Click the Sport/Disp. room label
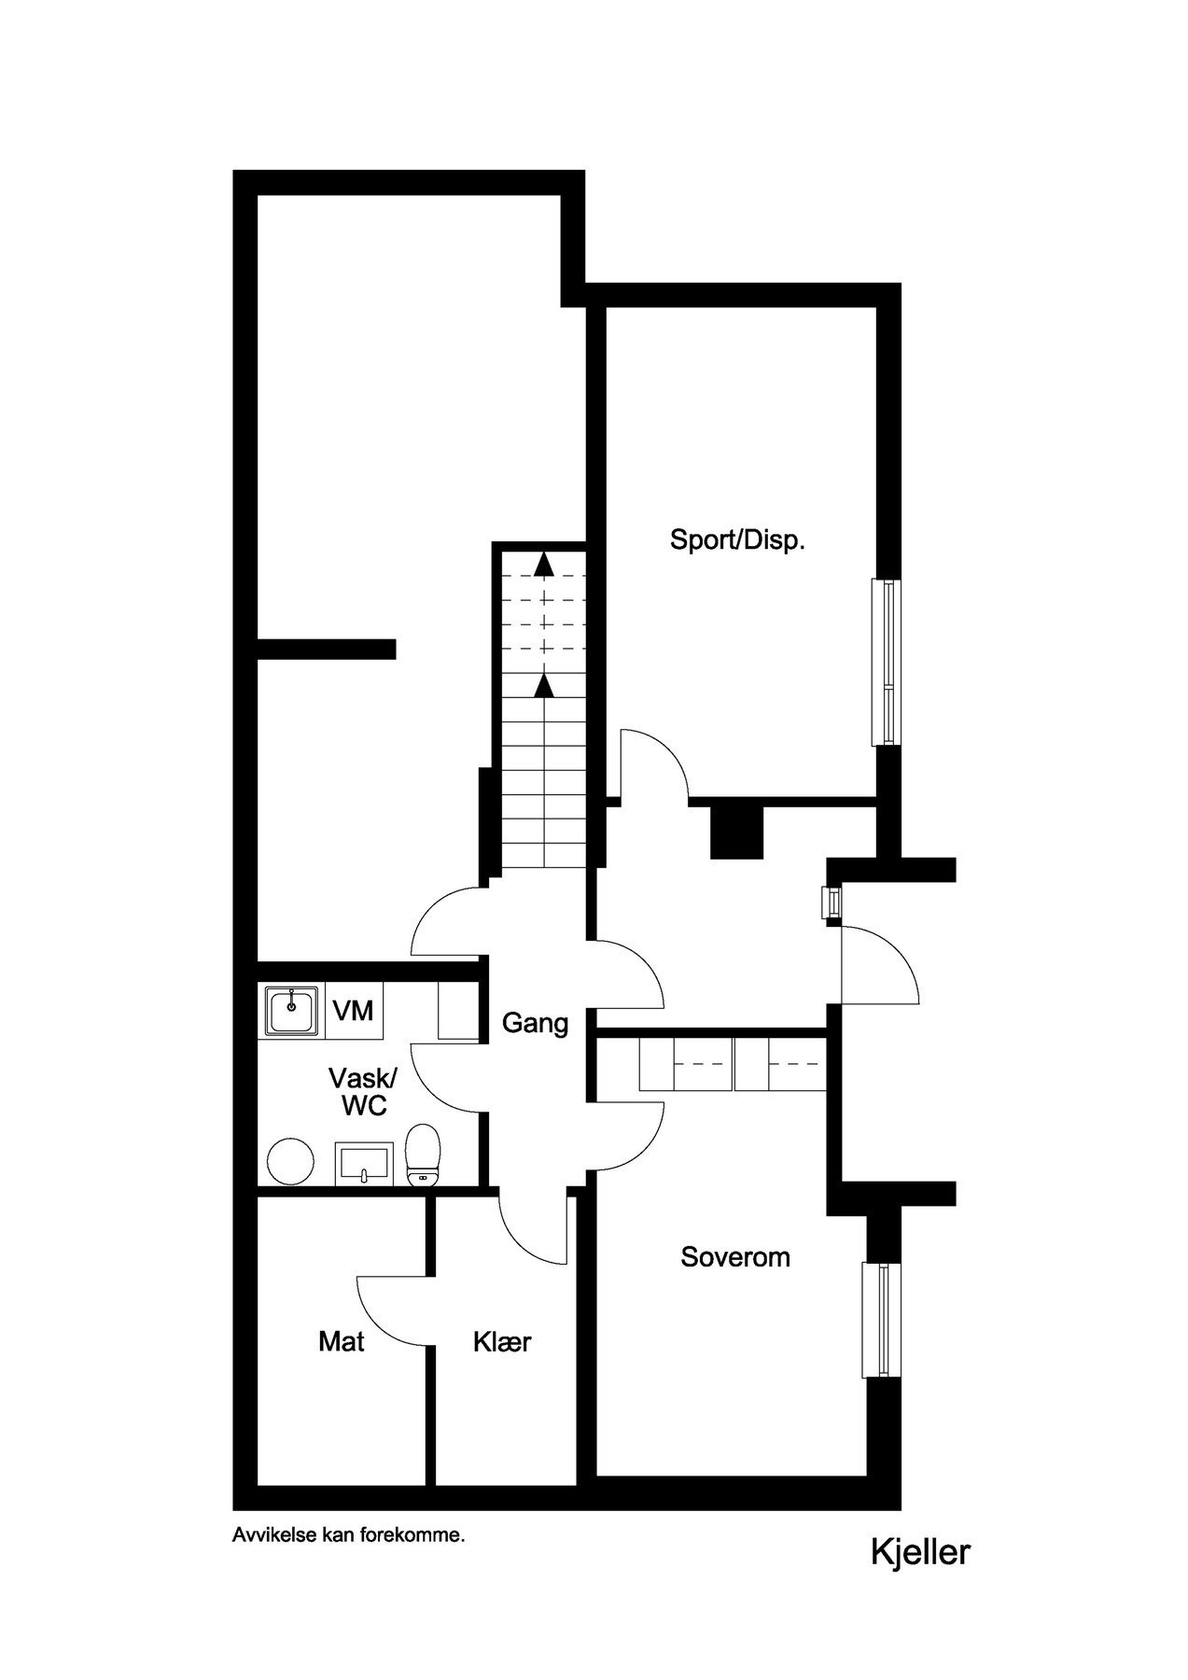pyautogui.click(x=737, y=539)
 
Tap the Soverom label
pyautogui.click(x=734, y=1256)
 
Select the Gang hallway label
pyautogui.click(x=535, y=1023)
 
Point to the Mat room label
pyautogui.click(x=341, y=1341)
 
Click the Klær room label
pyautogui.click(x=502, y=1341)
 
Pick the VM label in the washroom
pyautogui.click(x=353, y=1010)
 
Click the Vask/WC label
pyautogui.click(x=362, y=1091)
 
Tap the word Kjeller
pyautogui.click(x=920, y=1551)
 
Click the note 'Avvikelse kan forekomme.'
pyautogui.click(x=348, y=1534)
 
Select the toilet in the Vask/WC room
pyautogui.click(x=424, y=1155)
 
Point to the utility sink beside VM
pyautogui.click(x=292, y=1010)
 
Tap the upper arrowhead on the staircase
pyautogui.click(x=542, y=564)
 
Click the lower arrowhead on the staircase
pyautogui.click(x=542, y=686)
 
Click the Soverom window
pyautogui.click(x=877, y=1319)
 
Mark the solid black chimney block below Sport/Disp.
pyautogui.click(x=736, y=830)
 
